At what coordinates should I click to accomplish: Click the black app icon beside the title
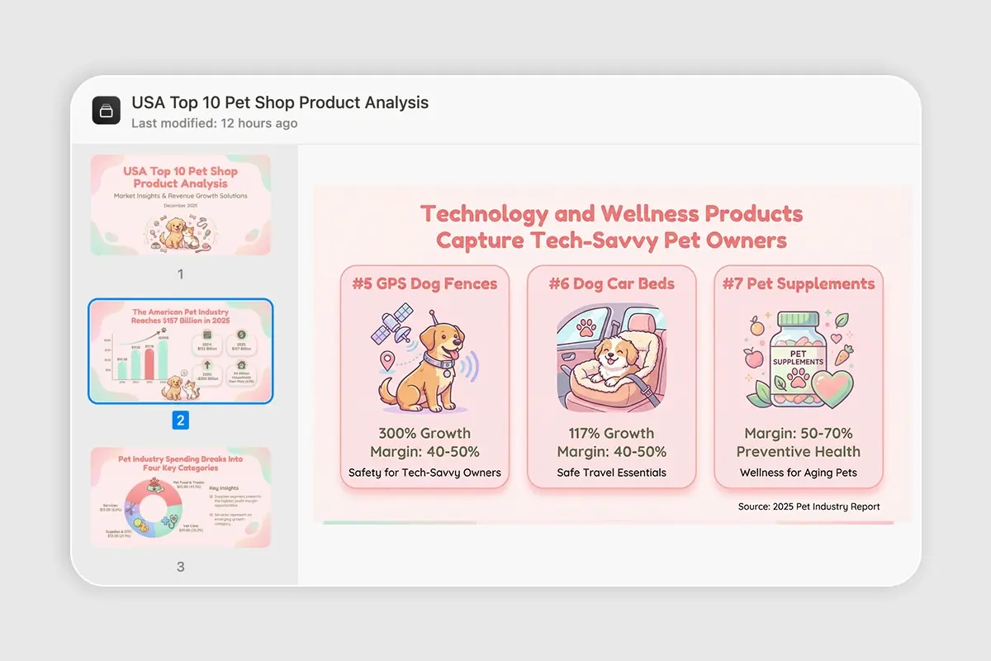point(107,111)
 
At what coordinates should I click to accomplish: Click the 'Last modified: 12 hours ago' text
point(215,123)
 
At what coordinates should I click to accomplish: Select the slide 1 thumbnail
point(180,205)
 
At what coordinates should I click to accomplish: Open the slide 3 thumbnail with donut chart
point(180,497)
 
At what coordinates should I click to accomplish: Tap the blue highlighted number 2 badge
point(180,421)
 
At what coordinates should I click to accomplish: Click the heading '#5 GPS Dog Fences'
point(424,283)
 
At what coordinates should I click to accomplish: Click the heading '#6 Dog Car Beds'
point(611,283)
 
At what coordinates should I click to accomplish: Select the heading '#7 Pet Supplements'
point(799,283)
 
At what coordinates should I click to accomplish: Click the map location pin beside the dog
point(386,361)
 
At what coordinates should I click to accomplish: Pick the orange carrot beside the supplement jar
point(843,356)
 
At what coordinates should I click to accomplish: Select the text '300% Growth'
point(424,433)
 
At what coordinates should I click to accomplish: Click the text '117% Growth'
point(611,433)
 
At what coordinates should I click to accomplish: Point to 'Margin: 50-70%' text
point(798,433)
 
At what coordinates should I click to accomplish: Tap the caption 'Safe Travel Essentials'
point(611,473)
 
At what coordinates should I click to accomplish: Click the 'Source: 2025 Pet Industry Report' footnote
point(808,506)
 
